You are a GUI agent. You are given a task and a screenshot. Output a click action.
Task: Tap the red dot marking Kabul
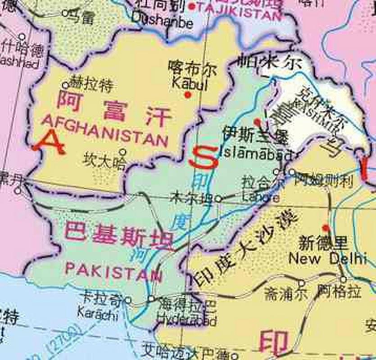[x=188, y=95]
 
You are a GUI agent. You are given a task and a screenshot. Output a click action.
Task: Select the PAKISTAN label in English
[x=113, y=270]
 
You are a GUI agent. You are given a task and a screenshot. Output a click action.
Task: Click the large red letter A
[x=50, y=142]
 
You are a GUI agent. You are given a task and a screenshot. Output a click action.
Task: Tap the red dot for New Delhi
[x=326, y=228]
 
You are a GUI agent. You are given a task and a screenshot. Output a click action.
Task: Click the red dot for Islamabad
[x=257, y=121]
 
